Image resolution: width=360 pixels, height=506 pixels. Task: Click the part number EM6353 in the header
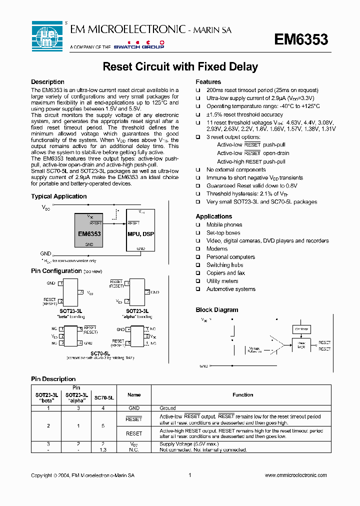point(301,39)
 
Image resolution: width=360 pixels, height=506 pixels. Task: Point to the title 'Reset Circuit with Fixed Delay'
point(180,67)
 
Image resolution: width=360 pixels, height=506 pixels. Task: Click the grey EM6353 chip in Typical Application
point(89,230)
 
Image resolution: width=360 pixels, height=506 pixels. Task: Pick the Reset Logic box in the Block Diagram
point(301,344)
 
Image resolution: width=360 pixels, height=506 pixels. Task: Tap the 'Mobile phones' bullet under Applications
point(224,225)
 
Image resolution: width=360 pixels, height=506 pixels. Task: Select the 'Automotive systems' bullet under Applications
point(230,289)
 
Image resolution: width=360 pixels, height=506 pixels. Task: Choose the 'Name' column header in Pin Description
point(134,395)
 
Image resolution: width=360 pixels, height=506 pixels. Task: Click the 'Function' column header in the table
point(243,395)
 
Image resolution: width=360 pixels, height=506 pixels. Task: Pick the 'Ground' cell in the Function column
point(167,408)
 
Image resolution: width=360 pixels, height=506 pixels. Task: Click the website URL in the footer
point(295,475)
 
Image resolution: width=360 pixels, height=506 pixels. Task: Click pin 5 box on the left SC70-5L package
point(79,329)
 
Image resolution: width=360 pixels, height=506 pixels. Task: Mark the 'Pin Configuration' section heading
point(56,271)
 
